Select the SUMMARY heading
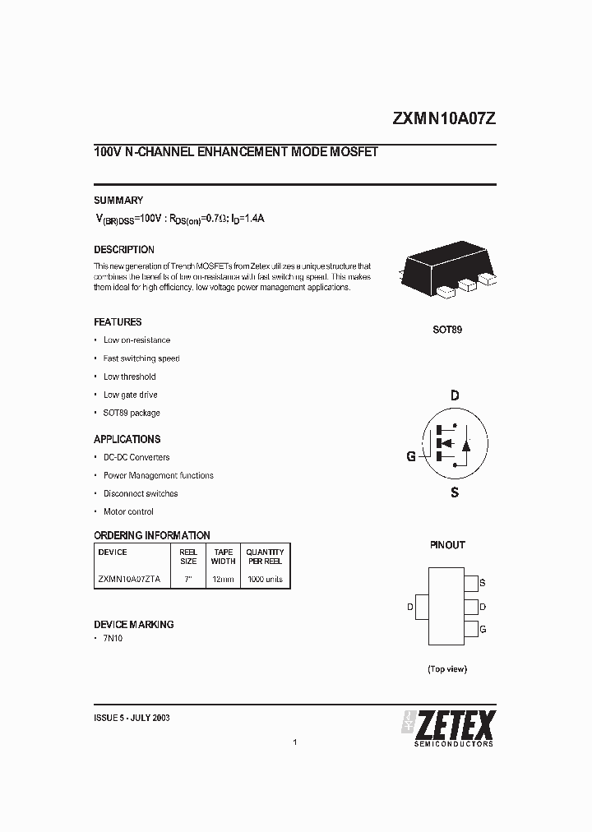(x=118, y=200)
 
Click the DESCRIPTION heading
(x=124, y=249)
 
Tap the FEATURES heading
(x=118, y=322)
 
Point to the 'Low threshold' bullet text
(x=129, y=377)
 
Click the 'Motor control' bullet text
(x=128, y=511)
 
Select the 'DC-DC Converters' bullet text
(x=136, y=457)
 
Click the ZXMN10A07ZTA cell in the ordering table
(x=129, y=579)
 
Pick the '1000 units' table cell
(x=265, y=579)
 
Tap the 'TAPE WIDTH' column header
(x=223, y=557)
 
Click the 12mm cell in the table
(x=223, y=579)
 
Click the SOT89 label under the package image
(x=447, y=330)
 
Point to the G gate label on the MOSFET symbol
(x=411, y=456)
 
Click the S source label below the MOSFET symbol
(x=455, y=492)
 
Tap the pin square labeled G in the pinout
(x=471, y=630)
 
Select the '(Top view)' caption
(x=447, y=669)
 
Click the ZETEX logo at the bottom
(x=448, y=726)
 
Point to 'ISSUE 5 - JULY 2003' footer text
(x=132, y=718)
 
